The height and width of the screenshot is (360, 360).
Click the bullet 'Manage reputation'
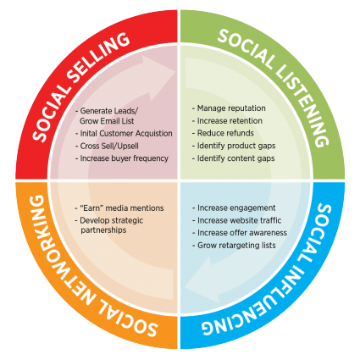click(229, 108)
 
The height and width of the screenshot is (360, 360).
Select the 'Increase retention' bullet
click(227, 121)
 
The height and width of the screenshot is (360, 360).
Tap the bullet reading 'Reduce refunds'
click(223, 133)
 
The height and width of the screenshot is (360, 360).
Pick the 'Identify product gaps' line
click(234, 146)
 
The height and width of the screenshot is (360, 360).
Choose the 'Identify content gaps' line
click(233, 158)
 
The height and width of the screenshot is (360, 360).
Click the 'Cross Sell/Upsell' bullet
click(107, 146)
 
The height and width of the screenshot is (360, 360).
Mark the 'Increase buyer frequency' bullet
click(122, 158)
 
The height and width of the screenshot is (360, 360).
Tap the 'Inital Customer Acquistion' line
click(124, 133)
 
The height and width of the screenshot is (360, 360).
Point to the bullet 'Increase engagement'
click(234, 208)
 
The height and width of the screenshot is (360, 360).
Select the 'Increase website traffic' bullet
click(237, 220)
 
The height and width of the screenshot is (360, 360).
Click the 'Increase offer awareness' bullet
click(240, 233)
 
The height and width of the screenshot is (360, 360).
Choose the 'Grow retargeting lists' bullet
click(234, 245)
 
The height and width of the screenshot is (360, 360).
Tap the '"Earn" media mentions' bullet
click(119, 208)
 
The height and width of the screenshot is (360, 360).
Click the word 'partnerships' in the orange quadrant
click(103, 230)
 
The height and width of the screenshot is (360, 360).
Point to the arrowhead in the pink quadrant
click(159, 76)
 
